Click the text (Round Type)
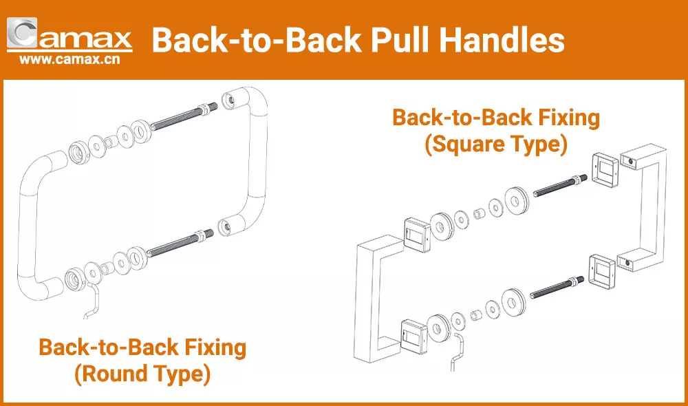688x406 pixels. (142, 374)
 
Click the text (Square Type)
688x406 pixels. (495, 145)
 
